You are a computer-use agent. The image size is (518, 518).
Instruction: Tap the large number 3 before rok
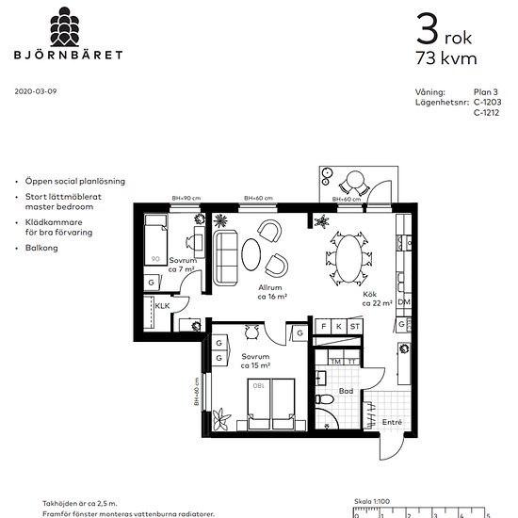427,31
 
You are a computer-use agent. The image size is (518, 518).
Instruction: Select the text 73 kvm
445,58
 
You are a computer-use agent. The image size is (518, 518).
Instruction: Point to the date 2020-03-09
37,91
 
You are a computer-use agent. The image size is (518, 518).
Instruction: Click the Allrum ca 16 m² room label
271,292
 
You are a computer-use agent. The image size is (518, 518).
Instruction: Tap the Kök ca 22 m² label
377,299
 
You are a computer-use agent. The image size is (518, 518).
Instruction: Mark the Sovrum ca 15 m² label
255,363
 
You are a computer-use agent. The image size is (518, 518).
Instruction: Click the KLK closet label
162,306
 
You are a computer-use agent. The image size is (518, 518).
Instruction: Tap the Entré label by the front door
392,423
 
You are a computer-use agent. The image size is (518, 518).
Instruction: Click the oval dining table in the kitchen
349,256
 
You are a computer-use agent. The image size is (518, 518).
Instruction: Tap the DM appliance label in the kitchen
403,302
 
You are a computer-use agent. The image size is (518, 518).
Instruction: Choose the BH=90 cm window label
183,198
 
